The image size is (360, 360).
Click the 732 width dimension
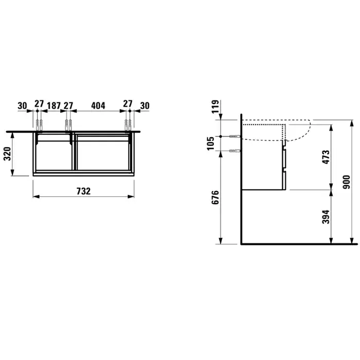tap(83, 191)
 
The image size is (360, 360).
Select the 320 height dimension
tap(7, 154)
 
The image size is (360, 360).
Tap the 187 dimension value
tap(53, 105)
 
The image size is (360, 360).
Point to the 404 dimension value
tap(98, 105)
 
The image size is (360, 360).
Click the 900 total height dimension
tap(346, 182)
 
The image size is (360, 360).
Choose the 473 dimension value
tap(326, 157)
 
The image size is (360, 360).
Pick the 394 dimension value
tap(326, 217)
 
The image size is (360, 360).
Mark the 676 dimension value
tap(215, 197)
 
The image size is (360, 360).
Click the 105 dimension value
tap(210, 143)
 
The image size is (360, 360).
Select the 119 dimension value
tap(215, 107)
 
